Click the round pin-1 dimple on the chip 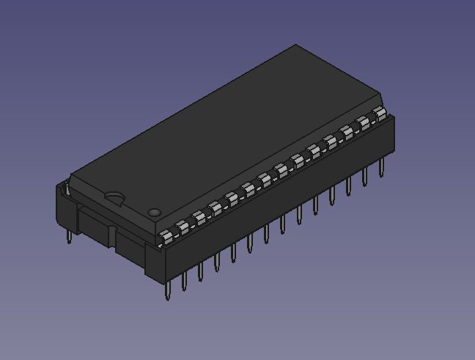pos(154,213)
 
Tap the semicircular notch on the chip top pos(114,196)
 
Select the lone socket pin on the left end pos(68,235)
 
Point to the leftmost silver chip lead pos(167,235)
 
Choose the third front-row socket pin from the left pos(200,272)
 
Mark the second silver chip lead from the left pos(183,226)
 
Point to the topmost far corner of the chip pos(295,45)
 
